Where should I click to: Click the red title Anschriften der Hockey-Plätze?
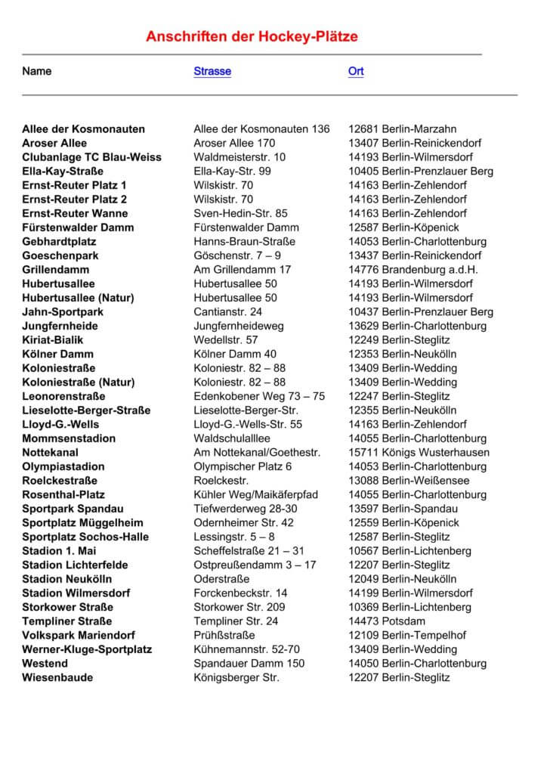(252, 36)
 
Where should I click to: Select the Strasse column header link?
(212, 72)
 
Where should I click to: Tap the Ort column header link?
(356, 72)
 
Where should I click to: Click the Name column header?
(37, 72)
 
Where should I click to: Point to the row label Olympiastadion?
(63, 466)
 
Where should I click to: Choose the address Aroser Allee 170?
(234, 143)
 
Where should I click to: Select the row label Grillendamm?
(57, 269)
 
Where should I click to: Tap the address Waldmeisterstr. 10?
(240, 157)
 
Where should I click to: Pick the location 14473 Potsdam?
(387, 621)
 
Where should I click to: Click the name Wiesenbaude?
(57, 677)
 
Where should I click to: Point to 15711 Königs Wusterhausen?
(419, 453)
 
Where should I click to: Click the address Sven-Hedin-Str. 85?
(240, 213)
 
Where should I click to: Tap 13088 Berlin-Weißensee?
(409, 481)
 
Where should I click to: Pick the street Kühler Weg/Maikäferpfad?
(256, 494)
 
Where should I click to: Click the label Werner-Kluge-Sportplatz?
(87, 649)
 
